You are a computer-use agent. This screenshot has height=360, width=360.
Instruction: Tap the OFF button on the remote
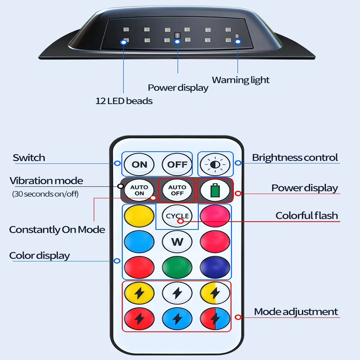[177, 165]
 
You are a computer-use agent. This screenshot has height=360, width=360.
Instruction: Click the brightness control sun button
[215, 165]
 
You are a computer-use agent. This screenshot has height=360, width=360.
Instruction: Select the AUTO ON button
[139, 190]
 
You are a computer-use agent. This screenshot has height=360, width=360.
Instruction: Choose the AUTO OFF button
[177, 190]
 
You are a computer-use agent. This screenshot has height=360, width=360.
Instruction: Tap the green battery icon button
[215, 190]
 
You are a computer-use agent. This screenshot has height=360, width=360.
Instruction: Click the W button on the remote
[177, 242]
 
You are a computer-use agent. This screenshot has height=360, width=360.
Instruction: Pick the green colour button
[177, 267]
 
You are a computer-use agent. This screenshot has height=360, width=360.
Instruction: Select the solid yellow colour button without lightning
[139, 216]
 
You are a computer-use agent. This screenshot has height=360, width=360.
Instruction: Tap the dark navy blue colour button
[215, 267]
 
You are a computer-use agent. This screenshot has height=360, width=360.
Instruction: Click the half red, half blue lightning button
[215, 319]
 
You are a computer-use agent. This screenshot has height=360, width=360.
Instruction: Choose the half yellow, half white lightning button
[215, 293]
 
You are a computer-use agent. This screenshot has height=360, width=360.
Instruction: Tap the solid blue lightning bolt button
[177, 319]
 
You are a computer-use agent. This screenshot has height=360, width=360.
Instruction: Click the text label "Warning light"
[240, 80]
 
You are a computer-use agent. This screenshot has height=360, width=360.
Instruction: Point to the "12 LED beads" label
[124, 101]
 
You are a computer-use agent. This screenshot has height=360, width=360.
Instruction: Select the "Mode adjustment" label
[296, 312]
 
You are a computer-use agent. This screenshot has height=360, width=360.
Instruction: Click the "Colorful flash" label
[307, 216]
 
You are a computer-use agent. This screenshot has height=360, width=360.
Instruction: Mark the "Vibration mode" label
[46, 181]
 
